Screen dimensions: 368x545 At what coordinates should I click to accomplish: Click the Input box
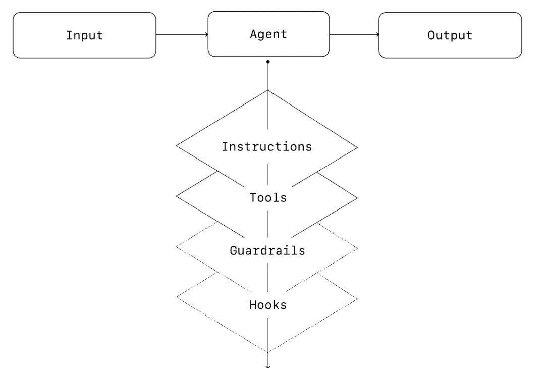coord(84,35)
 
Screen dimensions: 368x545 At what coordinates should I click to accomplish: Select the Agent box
coord(268,35)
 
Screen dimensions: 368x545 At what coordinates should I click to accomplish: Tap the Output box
coord(450,35)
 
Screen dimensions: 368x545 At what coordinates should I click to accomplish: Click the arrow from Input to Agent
coord(182,35)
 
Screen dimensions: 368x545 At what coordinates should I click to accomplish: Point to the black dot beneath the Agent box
coord(268,62)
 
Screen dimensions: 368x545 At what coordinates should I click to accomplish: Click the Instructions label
coord(267,147)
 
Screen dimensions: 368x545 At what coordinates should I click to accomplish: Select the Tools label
coord(268,197)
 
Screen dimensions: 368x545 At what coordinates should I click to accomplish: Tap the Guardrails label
coord(267,250)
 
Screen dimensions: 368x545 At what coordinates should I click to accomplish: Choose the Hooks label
coord(268,305)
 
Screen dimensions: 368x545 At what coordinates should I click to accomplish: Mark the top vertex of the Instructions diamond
coord(268,90)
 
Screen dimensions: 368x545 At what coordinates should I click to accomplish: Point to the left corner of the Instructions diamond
coord(176,147)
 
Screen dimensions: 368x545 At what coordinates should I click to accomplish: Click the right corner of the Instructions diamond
coord(358,148)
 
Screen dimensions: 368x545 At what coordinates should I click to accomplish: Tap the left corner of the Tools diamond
coord(176,197)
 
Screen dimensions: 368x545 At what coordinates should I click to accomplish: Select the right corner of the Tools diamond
coord(358,197)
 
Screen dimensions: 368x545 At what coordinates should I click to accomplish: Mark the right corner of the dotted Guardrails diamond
coord(358,248)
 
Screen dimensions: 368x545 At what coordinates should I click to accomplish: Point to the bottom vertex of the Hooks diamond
coord(268,352)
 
